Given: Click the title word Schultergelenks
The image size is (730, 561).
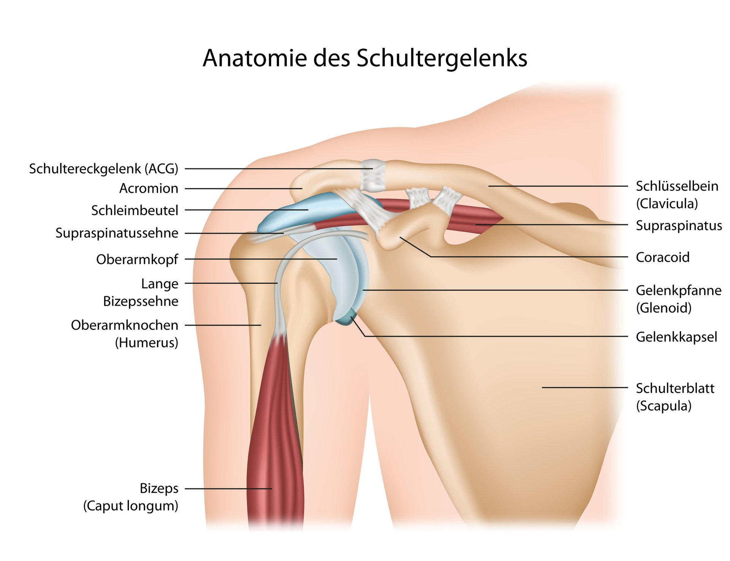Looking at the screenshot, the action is click(441, 58).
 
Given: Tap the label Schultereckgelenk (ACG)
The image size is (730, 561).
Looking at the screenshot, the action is click(104, 169).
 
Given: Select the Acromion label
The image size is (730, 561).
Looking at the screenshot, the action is click(149, 188).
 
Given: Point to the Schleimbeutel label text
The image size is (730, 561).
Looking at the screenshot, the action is click(135, 210).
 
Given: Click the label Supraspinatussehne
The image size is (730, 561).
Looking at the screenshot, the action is click(117, 233).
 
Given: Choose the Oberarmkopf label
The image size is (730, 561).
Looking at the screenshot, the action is click(137, 259).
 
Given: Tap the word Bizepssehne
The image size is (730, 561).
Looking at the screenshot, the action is click(141, 301).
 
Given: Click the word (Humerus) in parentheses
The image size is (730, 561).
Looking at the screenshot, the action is click(146, 343).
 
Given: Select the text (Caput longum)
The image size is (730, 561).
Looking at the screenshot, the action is click(131, 506).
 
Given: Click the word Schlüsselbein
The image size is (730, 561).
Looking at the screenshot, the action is click(677, 186).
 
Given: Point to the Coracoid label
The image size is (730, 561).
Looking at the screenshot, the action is click(663, 257).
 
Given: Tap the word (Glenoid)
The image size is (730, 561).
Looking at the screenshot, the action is click(664, 308).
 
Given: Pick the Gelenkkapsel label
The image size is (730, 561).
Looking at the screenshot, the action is click(676, 337).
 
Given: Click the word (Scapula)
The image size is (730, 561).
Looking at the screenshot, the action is click(664, 406).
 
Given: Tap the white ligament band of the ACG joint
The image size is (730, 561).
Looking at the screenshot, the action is click(373, 175).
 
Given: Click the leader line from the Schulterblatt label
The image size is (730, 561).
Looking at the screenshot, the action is click(585, 387).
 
